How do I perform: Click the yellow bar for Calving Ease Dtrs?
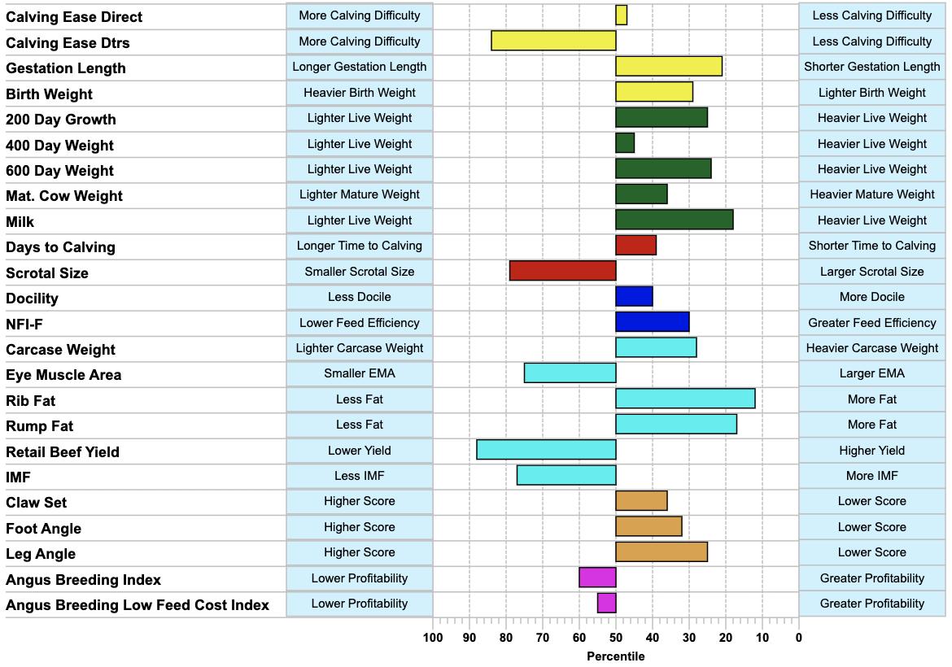[554, 41]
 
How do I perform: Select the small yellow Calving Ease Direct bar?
[621, 15]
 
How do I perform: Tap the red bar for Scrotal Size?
[563, 271]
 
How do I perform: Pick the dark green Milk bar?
[675, 220]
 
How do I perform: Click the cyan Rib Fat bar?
[685, 399]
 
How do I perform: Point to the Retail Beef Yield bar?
[547, 450]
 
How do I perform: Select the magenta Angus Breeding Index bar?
[597, 578]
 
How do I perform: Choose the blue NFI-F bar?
[653, 321]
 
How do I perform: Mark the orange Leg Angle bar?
[662, 551]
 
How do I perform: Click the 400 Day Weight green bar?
[626, 143]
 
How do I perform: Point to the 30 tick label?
[689, 637]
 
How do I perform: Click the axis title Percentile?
[616, 656]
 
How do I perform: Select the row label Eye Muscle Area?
[63, 375]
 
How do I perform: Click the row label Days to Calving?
[61, 247]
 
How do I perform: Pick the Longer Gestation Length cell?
[360, 67]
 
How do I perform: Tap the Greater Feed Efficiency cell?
[872, 323]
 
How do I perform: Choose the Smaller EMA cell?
[360, 373]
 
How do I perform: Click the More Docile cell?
[872, 297]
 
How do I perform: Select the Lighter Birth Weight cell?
[872, 93]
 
